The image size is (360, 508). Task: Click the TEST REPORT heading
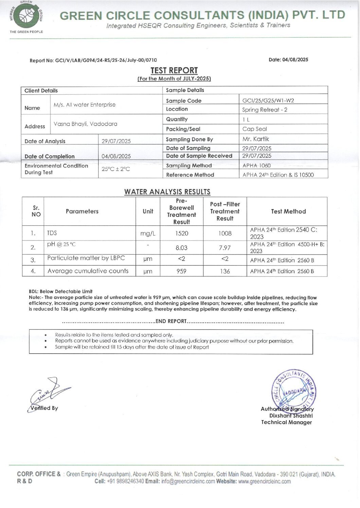click(x=174, y=71)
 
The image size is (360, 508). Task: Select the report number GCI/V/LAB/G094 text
click(x=93, y=60)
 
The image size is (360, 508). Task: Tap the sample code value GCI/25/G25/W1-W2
click(x=268, y=100)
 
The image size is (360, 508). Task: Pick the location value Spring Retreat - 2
click(x=265, y=110)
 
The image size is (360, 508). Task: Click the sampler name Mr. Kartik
click(x=256, y=139)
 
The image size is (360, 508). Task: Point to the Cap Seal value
click(x=254, y=129)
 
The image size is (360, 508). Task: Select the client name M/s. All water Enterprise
click(x=84, y=105)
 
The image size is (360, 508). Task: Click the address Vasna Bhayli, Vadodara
click(x=85, y=124)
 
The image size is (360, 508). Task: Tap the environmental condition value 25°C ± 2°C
click(x=115, y=169)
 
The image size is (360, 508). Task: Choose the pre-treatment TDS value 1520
click(x=182, y=233)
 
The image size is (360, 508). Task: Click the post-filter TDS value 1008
click(x=225, y=233)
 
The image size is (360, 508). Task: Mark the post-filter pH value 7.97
click(x=225, y=248)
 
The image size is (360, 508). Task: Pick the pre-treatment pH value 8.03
click(x=182, y=248)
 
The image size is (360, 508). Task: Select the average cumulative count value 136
click(x=225, y=271)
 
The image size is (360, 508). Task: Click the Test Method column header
click(x=288, y=211)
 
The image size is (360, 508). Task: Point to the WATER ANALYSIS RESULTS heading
click(x=167, y=192)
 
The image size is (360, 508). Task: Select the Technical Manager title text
click(x=286, y=422)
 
